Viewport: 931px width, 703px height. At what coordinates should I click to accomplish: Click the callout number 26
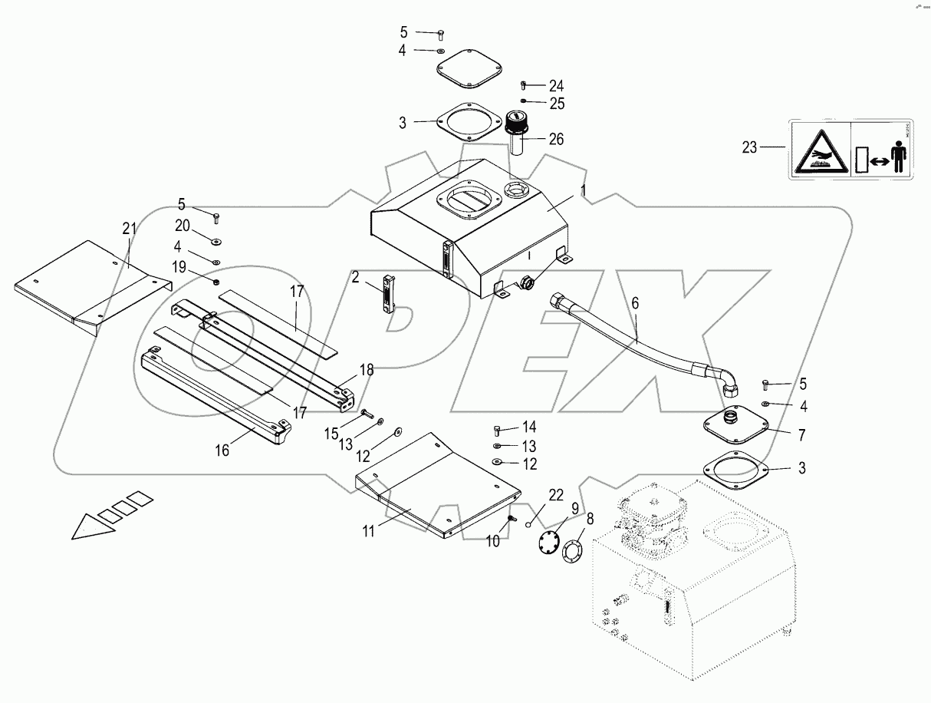(x=556, y=139)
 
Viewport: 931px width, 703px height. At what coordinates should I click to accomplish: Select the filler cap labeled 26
(x=515, y=127)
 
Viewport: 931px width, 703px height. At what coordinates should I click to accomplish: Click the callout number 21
(x=129, y=228)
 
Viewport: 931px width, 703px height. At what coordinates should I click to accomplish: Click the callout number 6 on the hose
(x=634, y=303)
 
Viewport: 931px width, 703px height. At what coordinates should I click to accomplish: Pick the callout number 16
(x=222, y=450)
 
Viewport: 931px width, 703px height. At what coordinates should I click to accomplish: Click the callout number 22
(x=556, y=496)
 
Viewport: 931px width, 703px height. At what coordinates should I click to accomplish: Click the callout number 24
(x=556, y=85)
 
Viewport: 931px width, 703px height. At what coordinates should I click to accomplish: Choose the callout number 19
(x=179, y=266)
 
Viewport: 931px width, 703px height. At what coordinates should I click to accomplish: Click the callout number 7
(x=802, y=434)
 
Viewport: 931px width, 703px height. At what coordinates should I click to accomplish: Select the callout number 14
(x=529, y=427)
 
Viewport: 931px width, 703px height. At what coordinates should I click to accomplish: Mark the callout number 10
(x=492, y=541)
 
